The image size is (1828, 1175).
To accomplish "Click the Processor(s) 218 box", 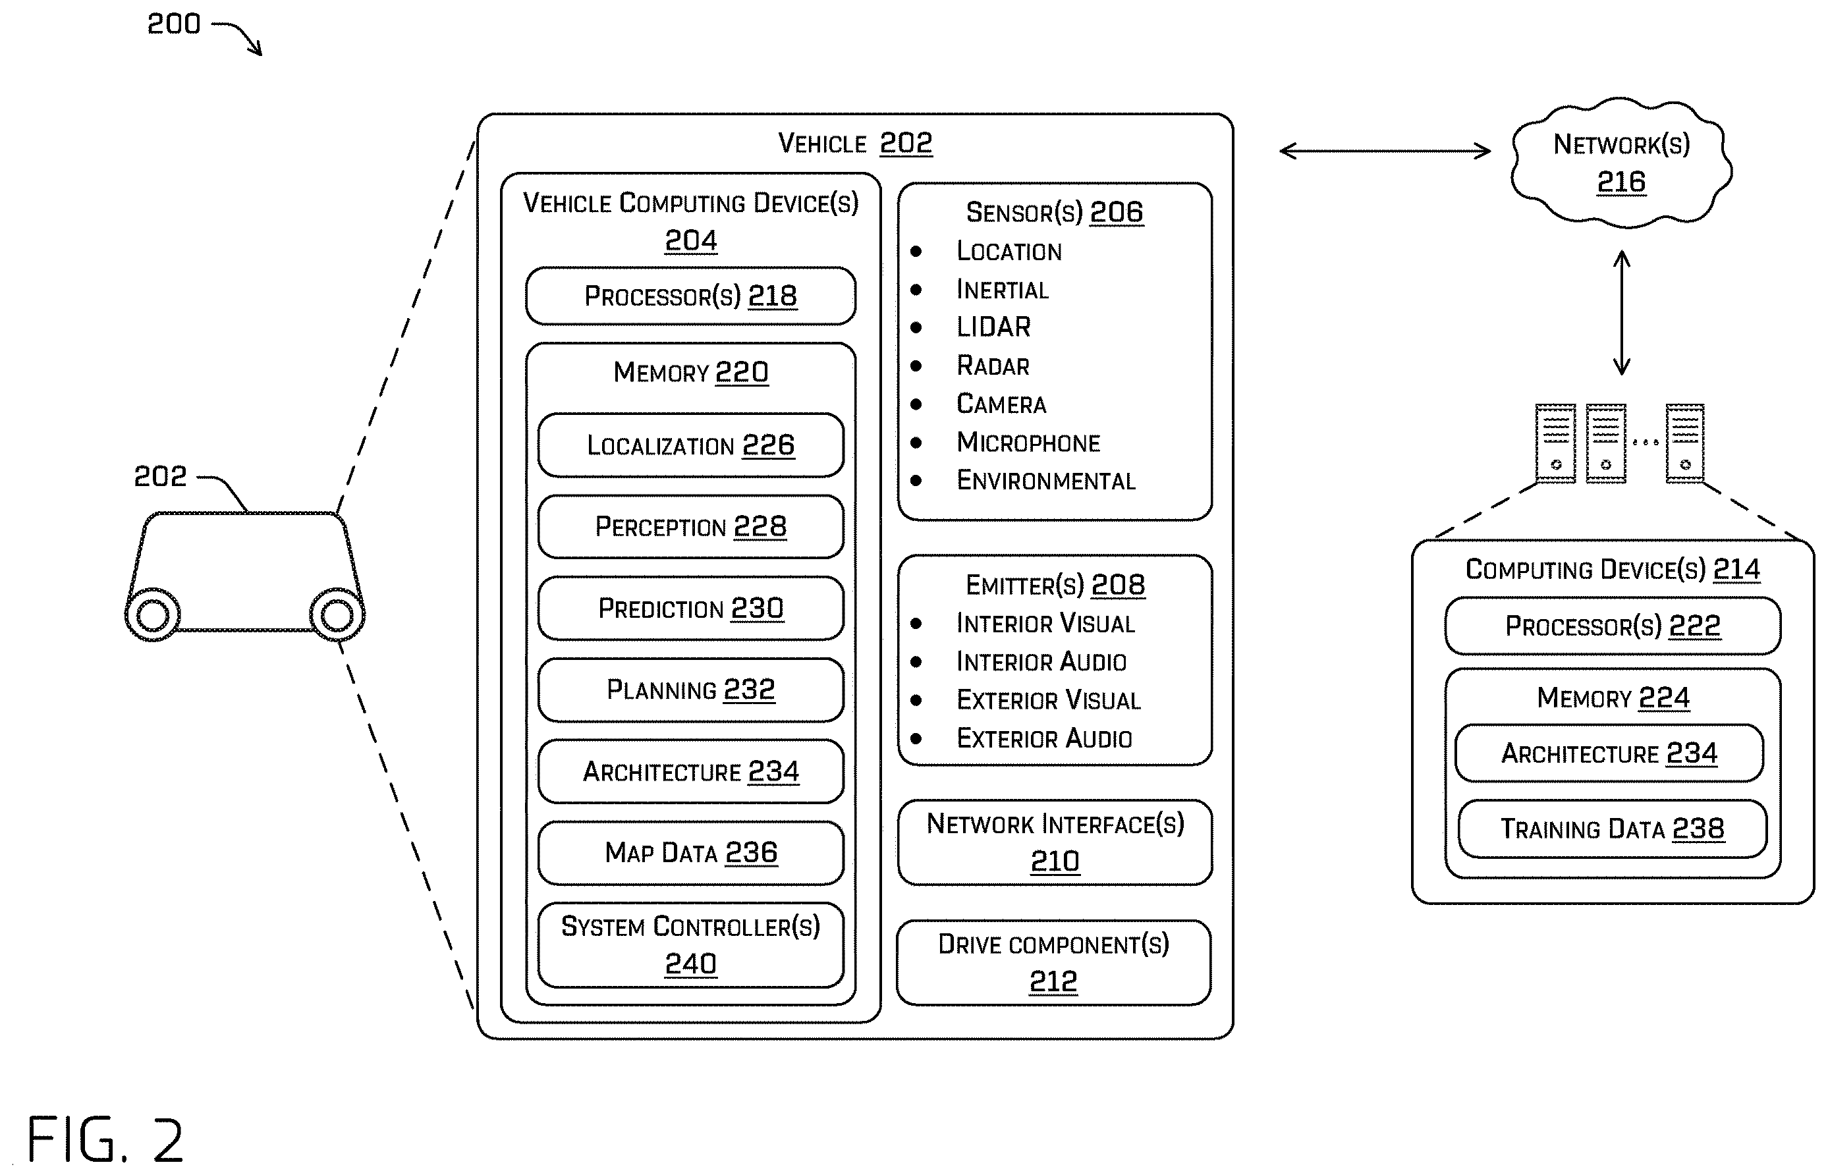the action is click(x=690, y=296).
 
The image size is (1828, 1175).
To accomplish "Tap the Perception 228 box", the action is click(x=690, y=526).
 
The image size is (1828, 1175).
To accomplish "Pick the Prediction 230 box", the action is click(x=690, y=608).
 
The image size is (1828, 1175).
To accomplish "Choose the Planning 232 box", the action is click(x=690, y=690).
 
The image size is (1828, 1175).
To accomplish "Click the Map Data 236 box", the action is click(x=690, y=853).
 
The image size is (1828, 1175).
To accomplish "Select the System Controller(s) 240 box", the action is click(x=690, y=945).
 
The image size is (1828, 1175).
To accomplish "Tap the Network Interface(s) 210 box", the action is click(x=1055, y=842).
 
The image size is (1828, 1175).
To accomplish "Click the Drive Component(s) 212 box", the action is click(x=1053, y=963).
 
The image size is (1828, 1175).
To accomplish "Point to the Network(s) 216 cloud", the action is click(x=1621, y=163).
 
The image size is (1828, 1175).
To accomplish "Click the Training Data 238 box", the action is click(x=1612, y=829).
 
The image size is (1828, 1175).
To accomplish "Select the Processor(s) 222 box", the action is click(x=1613, y=626).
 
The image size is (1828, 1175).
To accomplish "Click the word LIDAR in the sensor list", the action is click(x=993, y=327).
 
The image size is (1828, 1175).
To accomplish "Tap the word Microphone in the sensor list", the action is click(x=1028, y=443).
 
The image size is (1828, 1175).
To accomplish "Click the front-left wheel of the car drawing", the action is click(x=153, y=615).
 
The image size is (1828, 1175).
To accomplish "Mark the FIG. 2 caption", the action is click(x=105, y=1139).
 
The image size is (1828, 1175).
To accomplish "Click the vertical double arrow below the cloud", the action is click(x=1622, y=313).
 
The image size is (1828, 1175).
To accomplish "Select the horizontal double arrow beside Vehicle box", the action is click(x=1385, y=151).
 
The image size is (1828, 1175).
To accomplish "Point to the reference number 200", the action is click(x=174, y=24).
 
